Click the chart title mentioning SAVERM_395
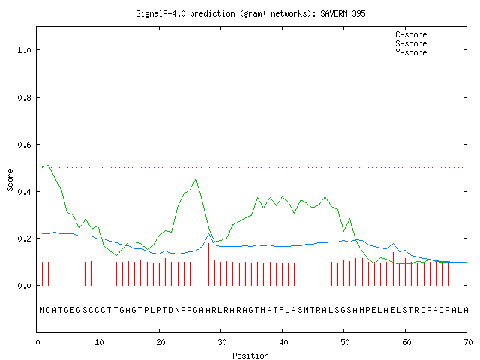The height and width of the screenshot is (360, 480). click(x=250, y=13)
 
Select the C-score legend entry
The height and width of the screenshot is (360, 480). click(x=427, y=34)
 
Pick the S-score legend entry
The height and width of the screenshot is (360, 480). click(x=427, y=43)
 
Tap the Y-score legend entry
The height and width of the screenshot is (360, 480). click(x=427, y=52)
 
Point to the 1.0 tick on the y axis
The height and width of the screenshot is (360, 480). click(x=24, y=50)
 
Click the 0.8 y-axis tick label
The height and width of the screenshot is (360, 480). click(x=24, y=97)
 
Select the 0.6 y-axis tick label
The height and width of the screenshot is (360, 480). click(x=24, y=145)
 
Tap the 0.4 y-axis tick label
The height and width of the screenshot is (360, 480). click(x=24, y=192)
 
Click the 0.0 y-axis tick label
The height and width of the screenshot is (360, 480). click(x=24, y=286)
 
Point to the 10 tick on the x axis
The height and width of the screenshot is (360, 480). click(x=99, y=342)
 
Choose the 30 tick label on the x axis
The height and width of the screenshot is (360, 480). click(x=222, y=342)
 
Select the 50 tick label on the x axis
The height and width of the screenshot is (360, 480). click(x=345, y=342)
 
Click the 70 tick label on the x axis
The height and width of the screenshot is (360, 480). click(x=468, y=342)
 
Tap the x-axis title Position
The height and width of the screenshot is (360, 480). click(x=250, y=355)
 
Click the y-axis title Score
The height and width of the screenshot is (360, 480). click(x=10, y=180)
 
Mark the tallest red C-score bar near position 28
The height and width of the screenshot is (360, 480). click(x=208, y=264)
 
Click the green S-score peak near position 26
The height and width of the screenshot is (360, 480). click(x=196, y=179)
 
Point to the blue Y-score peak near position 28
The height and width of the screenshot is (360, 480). click(x=209, y=234)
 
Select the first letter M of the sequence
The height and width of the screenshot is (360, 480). click(x=42, y=310)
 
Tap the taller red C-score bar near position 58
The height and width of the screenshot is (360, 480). click(x=393, y=268)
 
